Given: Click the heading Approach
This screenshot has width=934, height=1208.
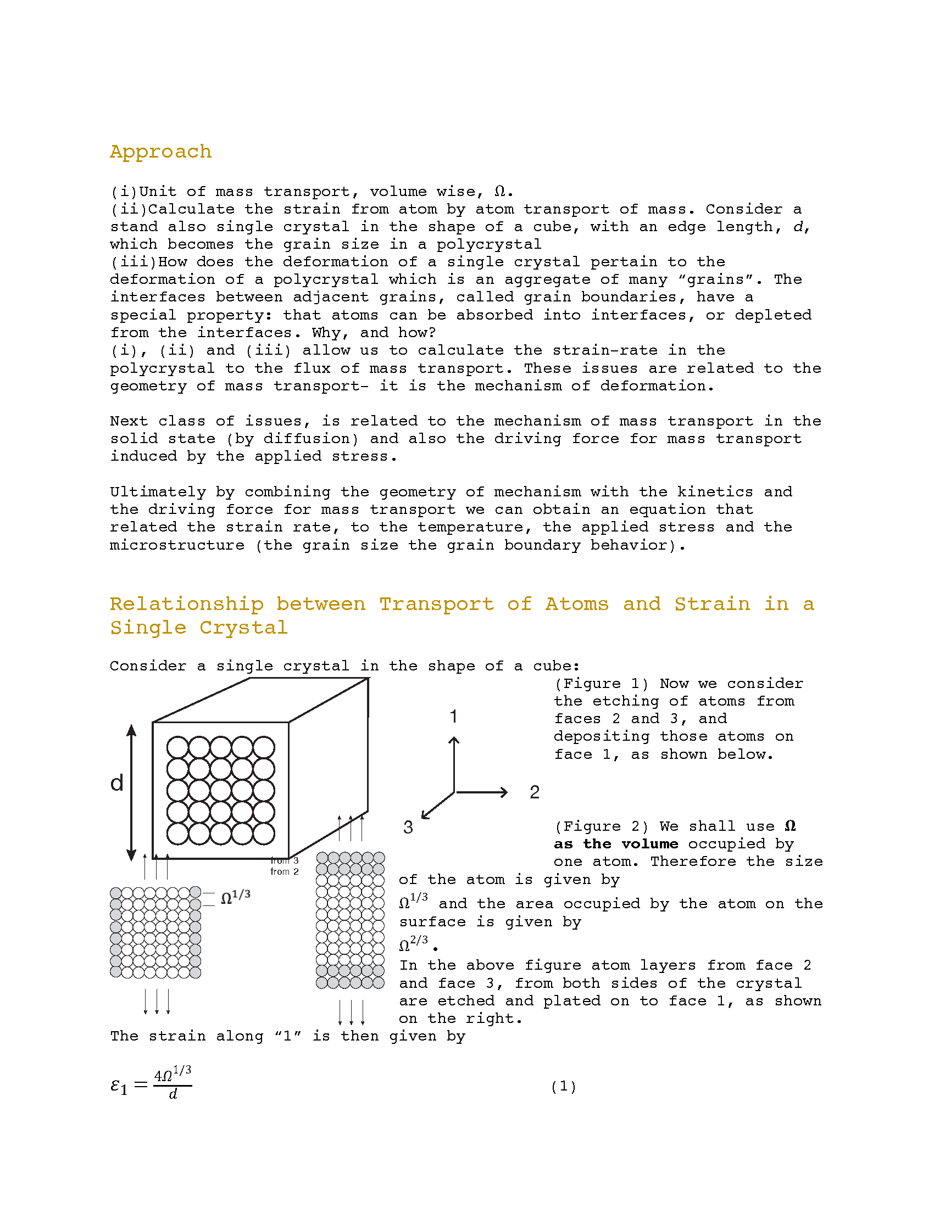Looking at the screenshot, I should [160, 152].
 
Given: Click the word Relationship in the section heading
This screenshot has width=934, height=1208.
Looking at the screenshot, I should [186, 604].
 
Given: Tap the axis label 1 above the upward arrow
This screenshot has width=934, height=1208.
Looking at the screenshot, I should [453, 716].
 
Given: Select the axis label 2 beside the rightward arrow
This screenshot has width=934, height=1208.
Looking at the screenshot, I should [534, 792].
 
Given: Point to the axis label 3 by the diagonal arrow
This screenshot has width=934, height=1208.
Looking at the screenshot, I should [408, 827].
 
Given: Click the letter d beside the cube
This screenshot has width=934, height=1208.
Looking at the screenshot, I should [116, 783].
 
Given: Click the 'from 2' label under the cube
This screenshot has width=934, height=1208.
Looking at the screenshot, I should [285, 872].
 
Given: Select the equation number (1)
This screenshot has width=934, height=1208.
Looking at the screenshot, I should [563, 1086].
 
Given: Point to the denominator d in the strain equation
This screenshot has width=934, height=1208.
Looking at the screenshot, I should [173, 1094].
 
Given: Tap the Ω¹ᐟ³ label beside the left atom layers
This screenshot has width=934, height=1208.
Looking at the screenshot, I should [236, 897].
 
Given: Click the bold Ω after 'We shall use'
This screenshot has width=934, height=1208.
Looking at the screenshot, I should [790, 826].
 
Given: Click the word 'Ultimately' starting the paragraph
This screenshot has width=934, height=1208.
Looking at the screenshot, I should [158, 493].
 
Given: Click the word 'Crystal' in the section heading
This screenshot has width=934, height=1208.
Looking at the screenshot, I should [243, 628].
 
